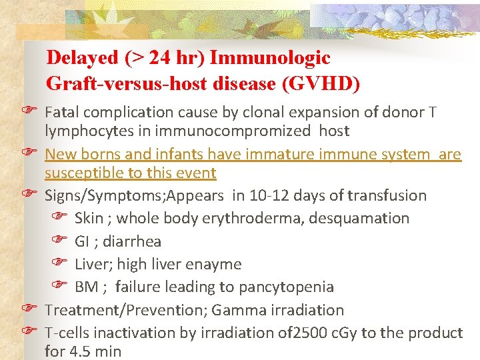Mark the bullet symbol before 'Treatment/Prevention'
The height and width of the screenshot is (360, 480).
tap(28, 309)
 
